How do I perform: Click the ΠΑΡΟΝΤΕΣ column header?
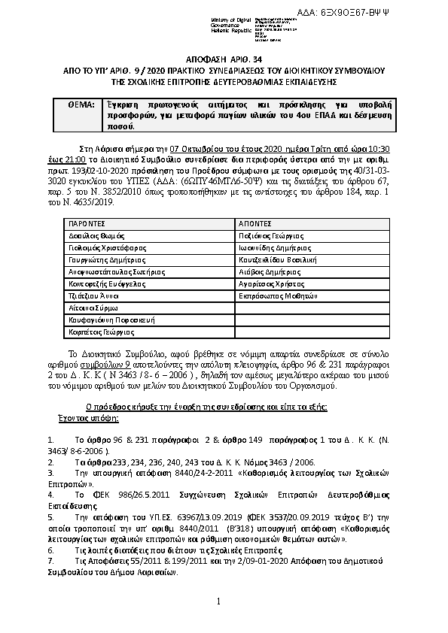pyautogui.click(x=84, y=224)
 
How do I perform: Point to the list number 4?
pyautogui.click(x=50, y=495)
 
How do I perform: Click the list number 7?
pyautogui.click(x=50, y=561)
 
